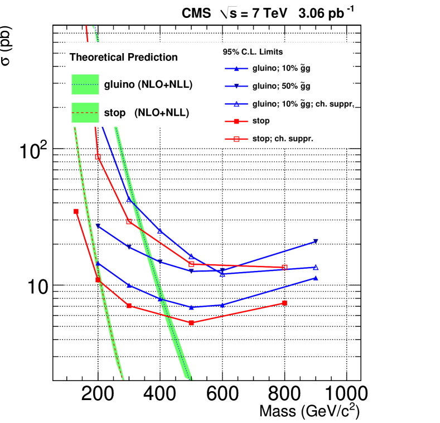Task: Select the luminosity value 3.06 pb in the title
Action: coord(321,13)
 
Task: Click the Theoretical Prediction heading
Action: coord(123,57)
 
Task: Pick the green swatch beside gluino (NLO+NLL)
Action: coord(85,85)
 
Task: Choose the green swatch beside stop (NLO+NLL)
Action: coord(85,112)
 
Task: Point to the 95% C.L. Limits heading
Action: coord(253,52)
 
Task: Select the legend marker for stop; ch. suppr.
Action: coord(236,139)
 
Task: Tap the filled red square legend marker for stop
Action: coord(236,121)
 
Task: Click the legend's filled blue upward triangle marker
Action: coord(236,69)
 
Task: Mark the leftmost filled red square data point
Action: coord(76,211)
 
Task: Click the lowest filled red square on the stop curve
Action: coord(191,323)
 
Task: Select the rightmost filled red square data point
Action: coord(284,303)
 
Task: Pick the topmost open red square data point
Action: coord(98,157)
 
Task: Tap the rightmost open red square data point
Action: coord(284,268)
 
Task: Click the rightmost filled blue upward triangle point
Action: coord(316,278)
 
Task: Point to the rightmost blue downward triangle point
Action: coord(316,241)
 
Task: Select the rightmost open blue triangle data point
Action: coord(316,267)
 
